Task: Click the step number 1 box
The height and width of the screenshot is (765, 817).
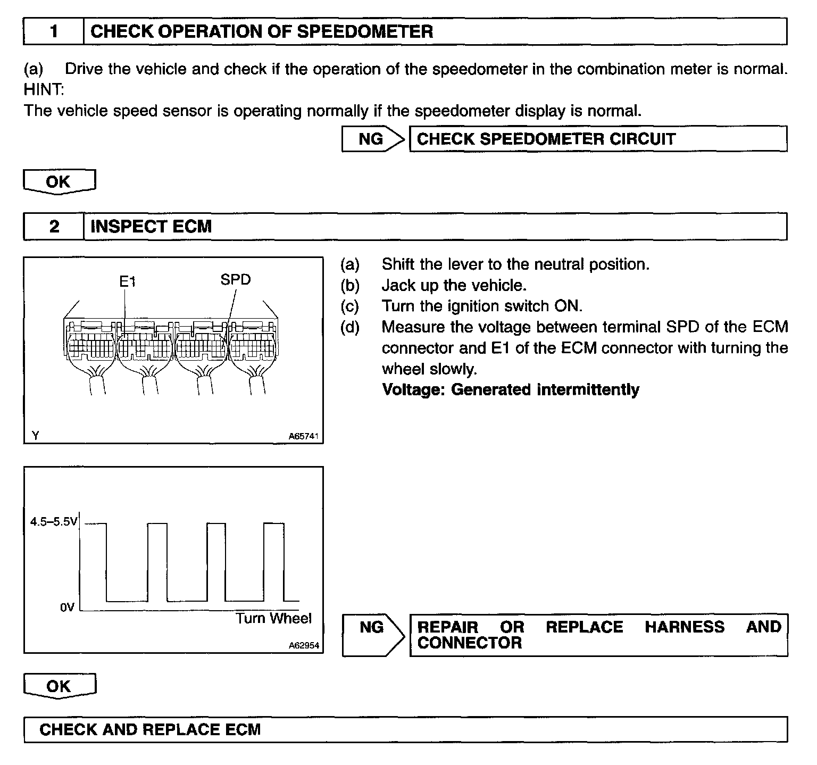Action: pyautogui.click(x=54, y=32)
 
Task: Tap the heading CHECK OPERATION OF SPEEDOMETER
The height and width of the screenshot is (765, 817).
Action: pyautogui.click(x=262, y=32)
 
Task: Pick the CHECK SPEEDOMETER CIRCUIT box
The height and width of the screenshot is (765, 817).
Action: pyautogui.click(x=598, y=139)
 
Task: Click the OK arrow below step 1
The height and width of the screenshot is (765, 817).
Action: pyautogui.click(x=59, y=182)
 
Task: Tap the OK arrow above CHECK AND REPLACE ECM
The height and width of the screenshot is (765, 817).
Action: pyautogui.click(x=59, y=686)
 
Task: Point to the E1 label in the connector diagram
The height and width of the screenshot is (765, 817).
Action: pyautogui.click(x=128, y=281)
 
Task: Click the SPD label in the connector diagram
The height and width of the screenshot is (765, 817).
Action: pyautogui.click(x=235, y=279)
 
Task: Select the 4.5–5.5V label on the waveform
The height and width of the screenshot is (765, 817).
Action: pyautogui.click(x=54, y=522)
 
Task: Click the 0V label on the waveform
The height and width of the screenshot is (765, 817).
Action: pyautogui.click(x=67, y=607)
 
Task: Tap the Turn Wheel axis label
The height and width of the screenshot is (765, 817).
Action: pyautogui.click(x=273, y=619)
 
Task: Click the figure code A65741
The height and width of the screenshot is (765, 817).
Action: pyautogui.click(x=303, y=437)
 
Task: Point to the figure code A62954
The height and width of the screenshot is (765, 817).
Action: pyautogui.click(x=303, y=646)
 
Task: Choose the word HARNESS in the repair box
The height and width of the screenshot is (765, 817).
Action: pyautogui.click(x=684, y=627)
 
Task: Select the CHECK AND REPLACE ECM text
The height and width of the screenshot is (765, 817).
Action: pyautogui.click(x=150, y=729)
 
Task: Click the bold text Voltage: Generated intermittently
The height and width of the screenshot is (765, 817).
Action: pyautogui.click(x=511, y=390)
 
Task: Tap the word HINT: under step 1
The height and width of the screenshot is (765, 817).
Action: pyautogui.click(x=44, y=90)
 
